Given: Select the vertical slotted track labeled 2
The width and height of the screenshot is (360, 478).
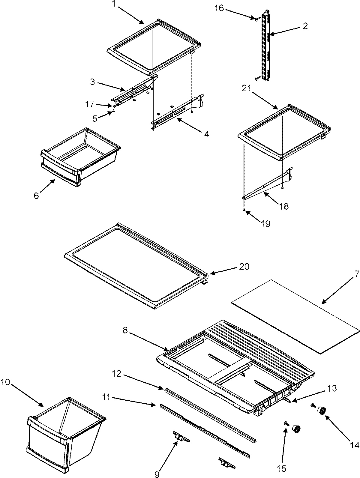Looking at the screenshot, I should point(266,45).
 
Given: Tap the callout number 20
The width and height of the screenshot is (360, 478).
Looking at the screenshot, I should point(244,266).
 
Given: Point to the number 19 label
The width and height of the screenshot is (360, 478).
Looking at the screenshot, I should point(265,223).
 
